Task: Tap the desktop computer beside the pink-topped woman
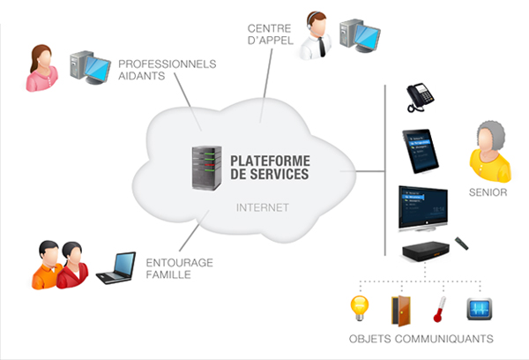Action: (x=89, y=68)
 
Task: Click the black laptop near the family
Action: (x=115, y=268)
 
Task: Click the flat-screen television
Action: (x=423, y=209)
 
